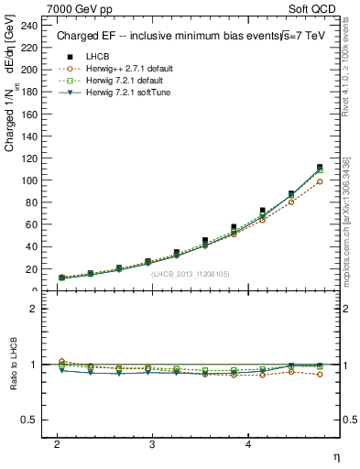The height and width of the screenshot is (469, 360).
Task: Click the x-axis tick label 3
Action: click(x=152, y=443)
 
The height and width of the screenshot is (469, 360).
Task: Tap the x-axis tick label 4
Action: click(x=248, y=443)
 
